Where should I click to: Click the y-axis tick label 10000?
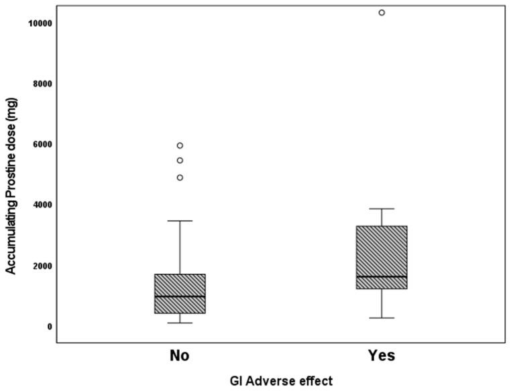(x=42, y=23)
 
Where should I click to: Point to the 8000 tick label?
(x=44, y=84)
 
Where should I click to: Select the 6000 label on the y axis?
(x=44, y=144)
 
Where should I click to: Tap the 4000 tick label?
(x=44, y=205)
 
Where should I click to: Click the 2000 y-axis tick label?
(x=44, y=266)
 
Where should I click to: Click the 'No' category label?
(x=179, y=356)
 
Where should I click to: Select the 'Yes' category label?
(x=381, y=356)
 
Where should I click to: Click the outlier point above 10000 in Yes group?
(x=382, y=13)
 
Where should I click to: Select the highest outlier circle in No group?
(x=180, y=145)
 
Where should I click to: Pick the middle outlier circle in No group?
(x=180, y=160)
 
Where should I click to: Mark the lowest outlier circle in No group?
(x=180, y=177)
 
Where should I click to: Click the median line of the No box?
(x=180, y=296)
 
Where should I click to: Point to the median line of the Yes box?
(x=381, y=277)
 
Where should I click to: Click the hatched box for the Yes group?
(x=381, y=248)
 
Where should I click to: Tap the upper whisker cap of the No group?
(x=180, y=220)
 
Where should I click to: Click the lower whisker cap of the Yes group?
(x=381, y=318)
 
